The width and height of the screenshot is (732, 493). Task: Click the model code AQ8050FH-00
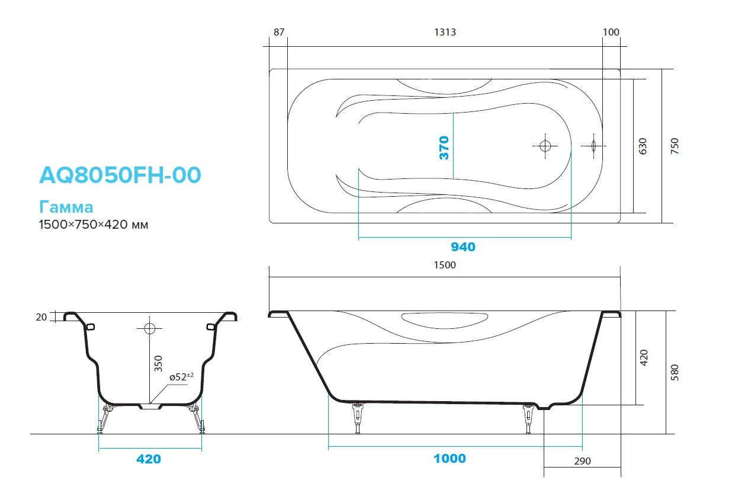(120, 175)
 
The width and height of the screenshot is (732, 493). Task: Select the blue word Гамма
(66, 207)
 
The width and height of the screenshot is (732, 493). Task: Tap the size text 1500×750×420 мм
(93, 225)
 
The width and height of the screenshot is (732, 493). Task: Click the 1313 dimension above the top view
(445, 32)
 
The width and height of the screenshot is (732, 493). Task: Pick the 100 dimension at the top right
(611, 32)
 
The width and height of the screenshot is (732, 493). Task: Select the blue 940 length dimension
(463, 247)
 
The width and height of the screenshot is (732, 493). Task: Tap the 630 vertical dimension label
(643, 146)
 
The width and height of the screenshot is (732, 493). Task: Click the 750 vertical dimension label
(675, 146)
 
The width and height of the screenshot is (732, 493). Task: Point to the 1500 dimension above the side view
(445, 265)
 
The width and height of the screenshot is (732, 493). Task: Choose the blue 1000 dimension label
(449, 458)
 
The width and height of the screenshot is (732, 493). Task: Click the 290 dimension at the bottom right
(582, 461)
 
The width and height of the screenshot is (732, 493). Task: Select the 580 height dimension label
(675, 372)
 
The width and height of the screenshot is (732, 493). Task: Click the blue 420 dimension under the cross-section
(149, 459)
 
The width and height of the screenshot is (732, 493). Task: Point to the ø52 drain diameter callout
(181, 377)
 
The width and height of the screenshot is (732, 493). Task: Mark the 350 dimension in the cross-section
(158, 363)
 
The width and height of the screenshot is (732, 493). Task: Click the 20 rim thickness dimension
(41, 317)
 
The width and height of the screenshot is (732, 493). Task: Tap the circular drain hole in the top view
(545, 145)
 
